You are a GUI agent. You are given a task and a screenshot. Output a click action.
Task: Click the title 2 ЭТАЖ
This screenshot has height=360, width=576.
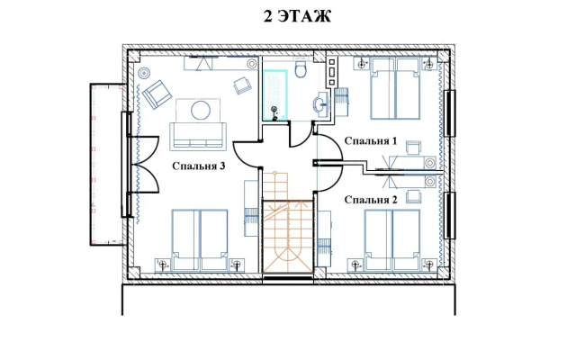(x=297, y=16)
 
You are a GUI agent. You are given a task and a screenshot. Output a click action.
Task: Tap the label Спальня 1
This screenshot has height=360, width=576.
(x=371, y=141)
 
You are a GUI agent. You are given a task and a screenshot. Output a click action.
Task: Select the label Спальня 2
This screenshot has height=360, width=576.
(x=371, y=200)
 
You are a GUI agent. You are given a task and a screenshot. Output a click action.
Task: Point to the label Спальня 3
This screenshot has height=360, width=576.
(x=198, y=166)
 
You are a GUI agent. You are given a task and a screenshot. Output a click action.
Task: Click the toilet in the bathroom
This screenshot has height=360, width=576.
(x=301, y=68)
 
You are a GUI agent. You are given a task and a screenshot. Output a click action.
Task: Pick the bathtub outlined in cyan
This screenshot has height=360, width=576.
(x=275, y=94)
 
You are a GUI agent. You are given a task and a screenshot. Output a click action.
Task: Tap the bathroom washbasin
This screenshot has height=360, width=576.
(x=320, y=104)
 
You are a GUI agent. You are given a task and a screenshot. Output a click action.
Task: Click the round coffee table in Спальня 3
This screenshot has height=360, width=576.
(x=201, y=110)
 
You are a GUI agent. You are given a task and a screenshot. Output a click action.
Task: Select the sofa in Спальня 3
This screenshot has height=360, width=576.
(x=198, y=137)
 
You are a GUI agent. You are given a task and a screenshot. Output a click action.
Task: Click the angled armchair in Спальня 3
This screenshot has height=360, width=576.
(x=157, y=94)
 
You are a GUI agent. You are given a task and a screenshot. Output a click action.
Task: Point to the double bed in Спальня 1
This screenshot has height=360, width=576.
(x=395, y=88)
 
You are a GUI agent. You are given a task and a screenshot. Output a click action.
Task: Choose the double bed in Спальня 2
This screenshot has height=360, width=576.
(x=392, y=240)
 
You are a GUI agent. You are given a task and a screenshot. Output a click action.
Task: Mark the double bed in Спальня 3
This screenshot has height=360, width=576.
(x=200, y=240)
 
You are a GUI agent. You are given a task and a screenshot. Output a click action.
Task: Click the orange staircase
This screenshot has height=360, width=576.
(x=287, y=222)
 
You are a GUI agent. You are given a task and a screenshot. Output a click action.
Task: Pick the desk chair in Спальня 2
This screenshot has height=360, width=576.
(x=414, y=196)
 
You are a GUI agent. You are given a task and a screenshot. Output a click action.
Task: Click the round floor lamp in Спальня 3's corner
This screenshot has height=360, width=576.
(x=144, y=73)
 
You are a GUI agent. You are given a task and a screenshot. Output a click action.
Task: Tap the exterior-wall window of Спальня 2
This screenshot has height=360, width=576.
(x=450, y=216)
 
